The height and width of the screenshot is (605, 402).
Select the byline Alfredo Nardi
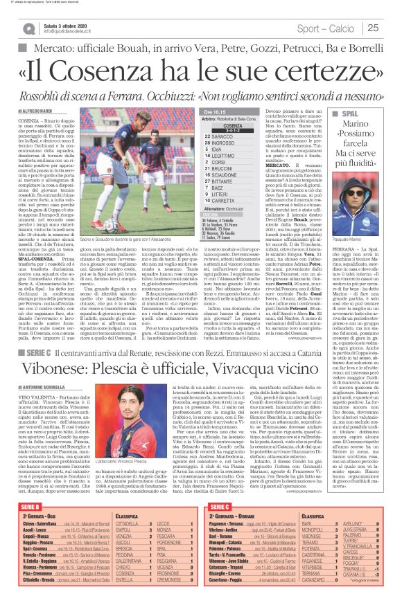point(34,110)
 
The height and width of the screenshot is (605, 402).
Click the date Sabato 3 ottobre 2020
point(70,24)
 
